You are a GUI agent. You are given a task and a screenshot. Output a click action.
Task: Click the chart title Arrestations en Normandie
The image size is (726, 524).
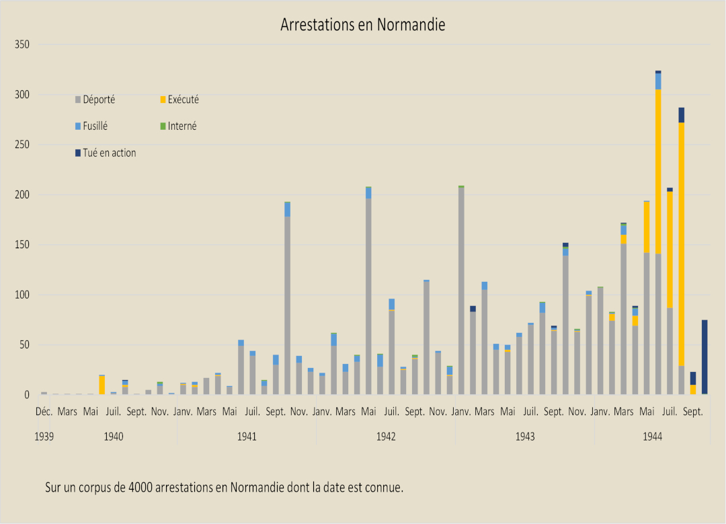click(x=363, y=25)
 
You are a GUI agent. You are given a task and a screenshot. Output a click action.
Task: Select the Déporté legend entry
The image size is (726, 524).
click(x=98, y=100)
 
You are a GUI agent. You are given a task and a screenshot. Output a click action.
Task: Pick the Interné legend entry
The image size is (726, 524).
click(x=182, y=126)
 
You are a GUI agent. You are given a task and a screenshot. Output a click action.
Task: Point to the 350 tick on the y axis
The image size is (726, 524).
click(x=22, y=44)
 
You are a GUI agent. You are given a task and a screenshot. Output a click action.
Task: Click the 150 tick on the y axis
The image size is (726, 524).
click(x=22, y=245)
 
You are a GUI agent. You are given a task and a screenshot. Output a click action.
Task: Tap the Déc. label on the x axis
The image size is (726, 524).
click(x=44, y=411)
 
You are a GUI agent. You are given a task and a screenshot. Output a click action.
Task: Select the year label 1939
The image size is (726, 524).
click(x=44, y=437)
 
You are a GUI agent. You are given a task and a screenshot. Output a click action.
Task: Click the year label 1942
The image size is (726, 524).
click(x=386, y=437)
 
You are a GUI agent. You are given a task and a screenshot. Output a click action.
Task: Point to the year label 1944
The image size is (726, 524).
click(x=652, y=437)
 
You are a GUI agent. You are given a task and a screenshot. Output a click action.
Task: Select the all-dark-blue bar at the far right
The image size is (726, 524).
click(x=704, y=357)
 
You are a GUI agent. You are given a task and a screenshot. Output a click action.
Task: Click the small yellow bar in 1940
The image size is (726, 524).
click(x=102, y=385)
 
